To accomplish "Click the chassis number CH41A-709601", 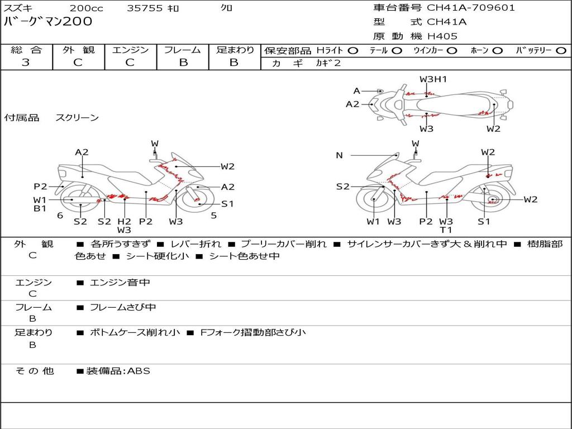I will point(471,8).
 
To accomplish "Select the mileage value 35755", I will point(145,8).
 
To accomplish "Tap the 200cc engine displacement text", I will point(86,8).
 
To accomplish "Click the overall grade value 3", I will point(26,63).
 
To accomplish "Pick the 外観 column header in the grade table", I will point(78,50).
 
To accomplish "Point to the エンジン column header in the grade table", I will point(130,50).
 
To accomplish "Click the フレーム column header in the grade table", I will point(183,50).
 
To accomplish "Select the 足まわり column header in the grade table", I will point(235,50).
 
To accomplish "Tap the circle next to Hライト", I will point(353,51).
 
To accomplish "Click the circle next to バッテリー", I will point(561,51).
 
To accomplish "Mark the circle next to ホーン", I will point(497,51).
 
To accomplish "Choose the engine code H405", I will point(442,36).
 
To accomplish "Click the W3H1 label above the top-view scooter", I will point(433,79).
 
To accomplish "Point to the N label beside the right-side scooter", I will point(339,155).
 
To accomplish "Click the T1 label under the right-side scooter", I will point(446,230).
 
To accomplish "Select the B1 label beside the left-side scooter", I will point(40,209).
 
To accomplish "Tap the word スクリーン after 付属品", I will point(77,118).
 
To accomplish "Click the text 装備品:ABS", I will point(117,371).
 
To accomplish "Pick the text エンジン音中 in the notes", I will point(120,283).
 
